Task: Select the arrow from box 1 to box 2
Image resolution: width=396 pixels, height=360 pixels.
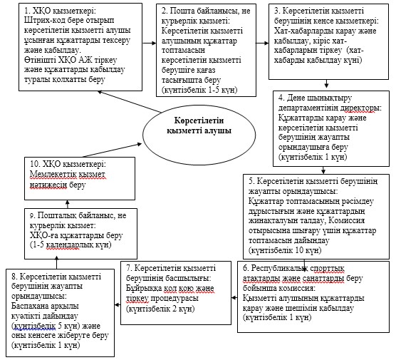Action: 150,43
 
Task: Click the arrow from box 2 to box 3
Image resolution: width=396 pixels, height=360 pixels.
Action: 262,43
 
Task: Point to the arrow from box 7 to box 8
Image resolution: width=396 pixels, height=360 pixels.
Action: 118,305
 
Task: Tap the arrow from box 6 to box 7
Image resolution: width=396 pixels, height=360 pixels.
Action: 234,298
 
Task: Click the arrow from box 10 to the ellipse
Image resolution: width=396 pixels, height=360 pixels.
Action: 112,150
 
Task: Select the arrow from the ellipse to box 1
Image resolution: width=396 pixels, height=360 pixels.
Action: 130,102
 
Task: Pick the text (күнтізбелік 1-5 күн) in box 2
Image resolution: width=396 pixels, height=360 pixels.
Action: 199,90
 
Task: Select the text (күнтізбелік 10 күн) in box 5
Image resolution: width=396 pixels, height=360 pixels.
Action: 285,250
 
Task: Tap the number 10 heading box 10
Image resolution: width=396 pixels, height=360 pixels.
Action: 35,164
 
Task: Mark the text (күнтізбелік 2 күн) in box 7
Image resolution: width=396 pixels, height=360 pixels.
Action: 160,309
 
